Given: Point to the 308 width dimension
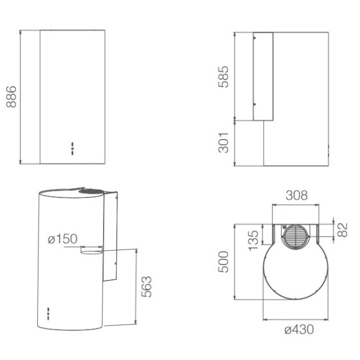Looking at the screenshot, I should click(296, 196).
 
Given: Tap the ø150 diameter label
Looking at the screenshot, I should click(62, 239).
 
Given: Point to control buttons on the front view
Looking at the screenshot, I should click(73, 147).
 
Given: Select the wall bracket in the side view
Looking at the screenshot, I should click(263, 77).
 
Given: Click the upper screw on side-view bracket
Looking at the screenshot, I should click(254, 38).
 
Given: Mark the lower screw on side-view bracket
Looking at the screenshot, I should click(254, 104).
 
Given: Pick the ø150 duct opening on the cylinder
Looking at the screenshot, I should click(92, 251).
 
